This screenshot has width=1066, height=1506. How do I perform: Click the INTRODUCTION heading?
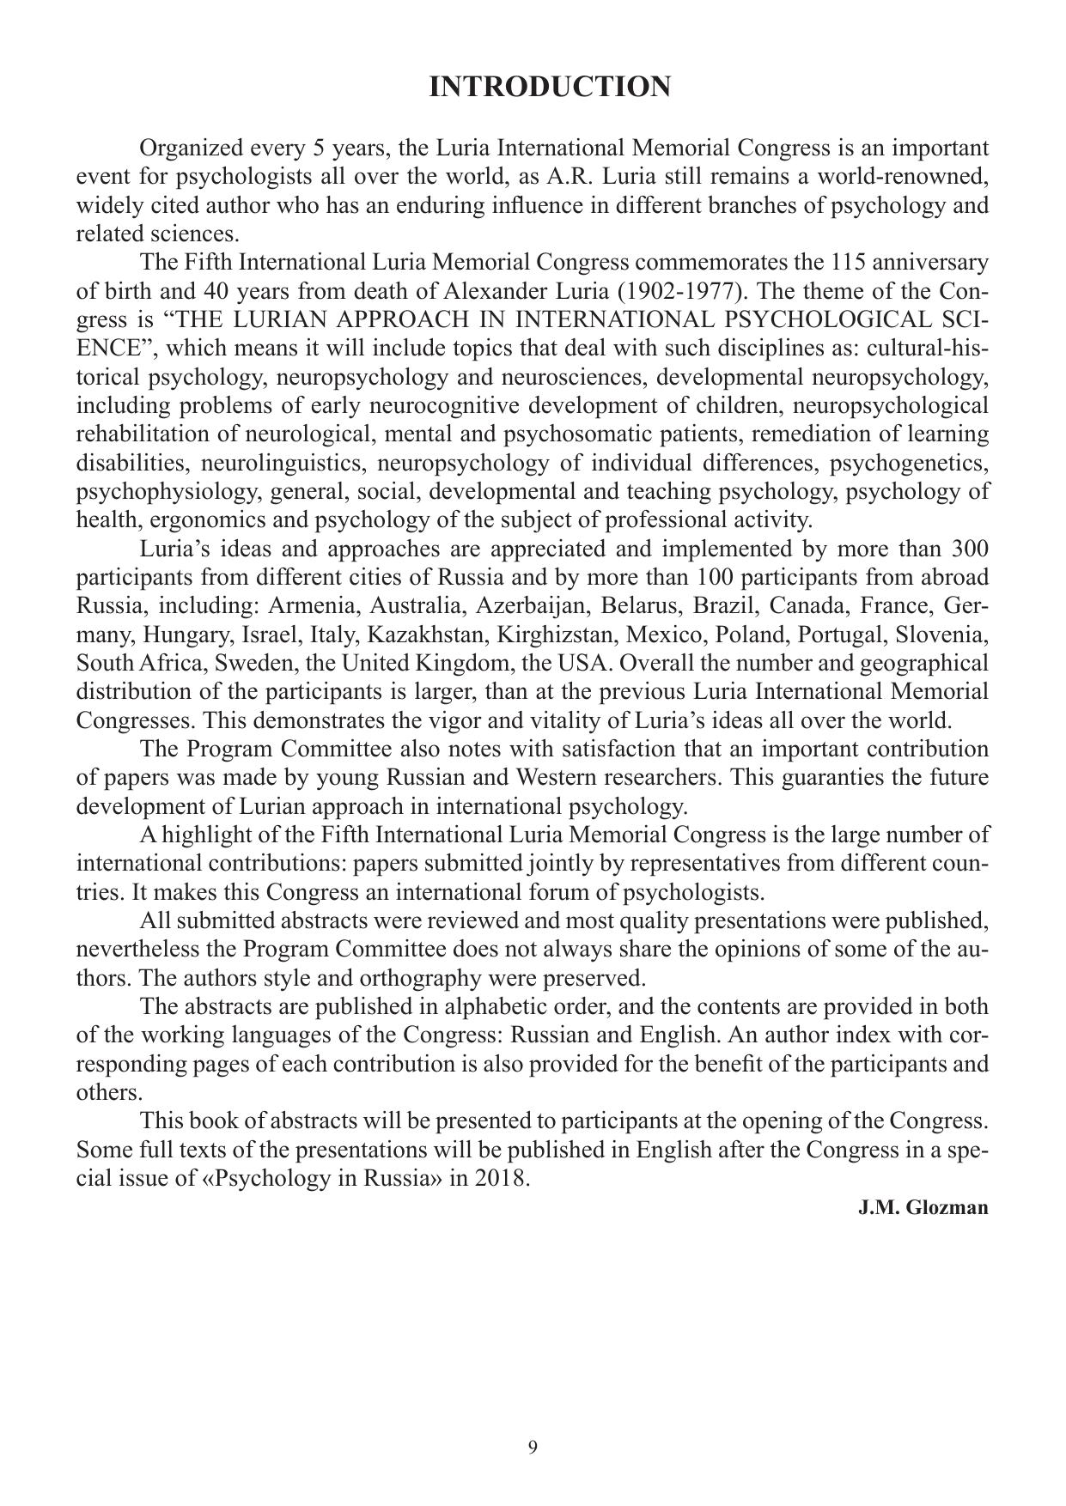click(550, 87)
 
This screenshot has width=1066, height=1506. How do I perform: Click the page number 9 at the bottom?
click(533, 1448)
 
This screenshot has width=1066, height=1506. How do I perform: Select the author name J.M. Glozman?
click(923, 1207)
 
